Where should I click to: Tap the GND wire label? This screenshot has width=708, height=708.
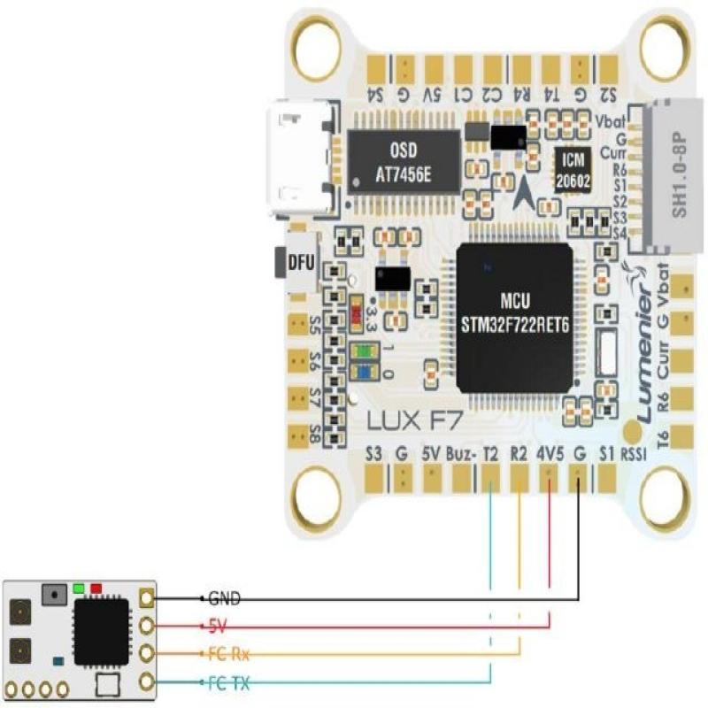pos(224,598)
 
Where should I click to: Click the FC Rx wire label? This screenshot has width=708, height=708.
pos(227,654)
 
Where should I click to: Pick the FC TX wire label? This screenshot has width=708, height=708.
pos(227,681)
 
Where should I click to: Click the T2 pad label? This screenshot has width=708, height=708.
pos(490,453)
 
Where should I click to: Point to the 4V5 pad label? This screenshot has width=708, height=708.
pos(550,453)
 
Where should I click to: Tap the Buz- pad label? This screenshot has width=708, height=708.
pos(462,453)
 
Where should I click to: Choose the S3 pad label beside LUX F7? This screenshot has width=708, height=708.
pos(373,453)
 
